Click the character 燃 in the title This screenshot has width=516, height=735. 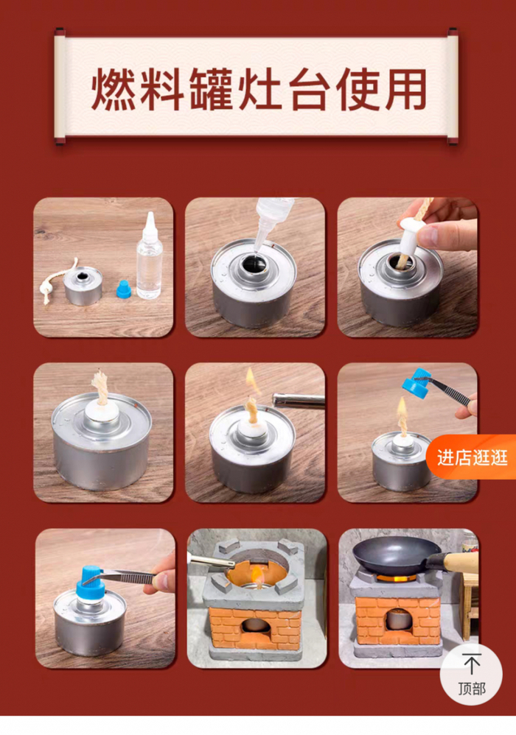[112, 89]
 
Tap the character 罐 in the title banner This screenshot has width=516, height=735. [210, 89]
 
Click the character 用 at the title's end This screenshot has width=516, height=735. [405, 89]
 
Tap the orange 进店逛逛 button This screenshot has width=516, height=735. [472, 457]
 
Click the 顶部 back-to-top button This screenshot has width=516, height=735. [471, 674]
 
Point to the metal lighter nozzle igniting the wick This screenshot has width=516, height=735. [299, 401]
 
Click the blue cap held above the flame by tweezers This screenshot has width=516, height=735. [416, 383]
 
